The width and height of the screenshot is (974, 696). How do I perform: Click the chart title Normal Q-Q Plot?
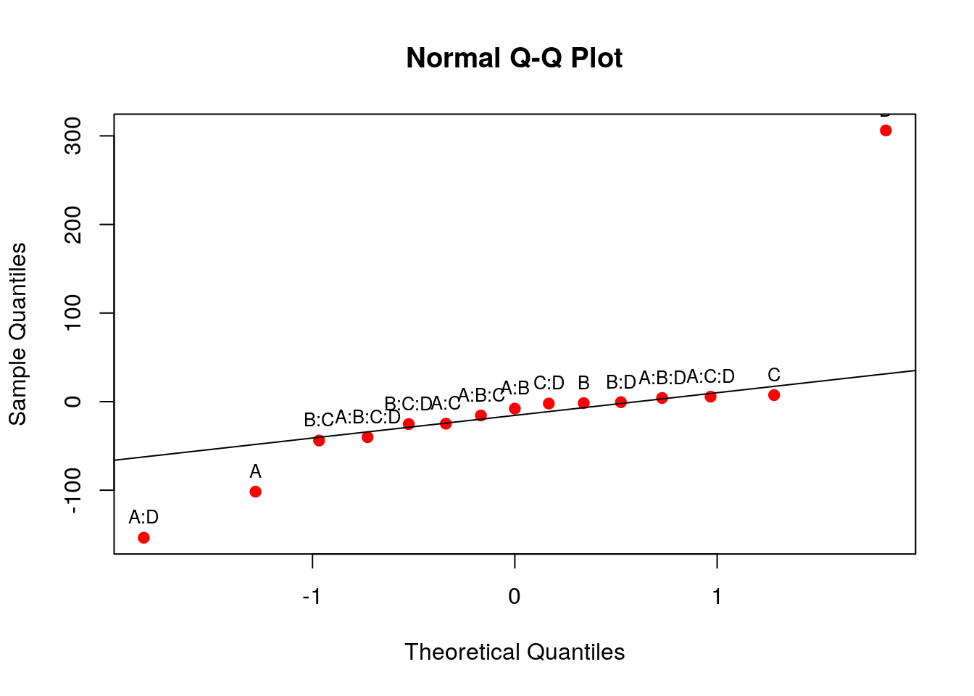point(514,58)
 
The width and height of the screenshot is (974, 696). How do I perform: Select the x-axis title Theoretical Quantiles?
point(515,652)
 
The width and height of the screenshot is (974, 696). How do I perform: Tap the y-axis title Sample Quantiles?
point(17,333)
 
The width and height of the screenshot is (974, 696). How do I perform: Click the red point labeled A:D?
point(143,537)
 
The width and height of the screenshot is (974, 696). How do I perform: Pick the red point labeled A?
point(255,492)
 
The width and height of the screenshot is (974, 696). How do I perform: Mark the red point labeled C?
point(774,395)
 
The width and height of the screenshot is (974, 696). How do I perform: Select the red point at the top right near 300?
point(886,130)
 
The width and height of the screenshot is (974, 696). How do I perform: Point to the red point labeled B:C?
point(319,440)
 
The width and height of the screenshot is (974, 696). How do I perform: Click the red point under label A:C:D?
point(710,397)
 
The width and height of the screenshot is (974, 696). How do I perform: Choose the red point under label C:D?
point(549,403)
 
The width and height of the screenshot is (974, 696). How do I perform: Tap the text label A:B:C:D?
point(367,418)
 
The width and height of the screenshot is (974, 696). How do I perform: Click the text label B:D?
point(621,382)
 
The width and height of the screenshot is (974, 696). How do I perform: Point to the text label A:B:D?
point(662,378)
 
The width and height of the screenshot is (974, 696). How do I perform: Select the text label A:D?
point(143,517)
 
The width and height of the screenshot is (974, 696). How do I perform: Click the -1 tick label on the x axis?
point(312,596)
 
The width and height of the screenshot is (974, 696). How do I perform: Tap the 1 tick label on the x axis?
point(717,596)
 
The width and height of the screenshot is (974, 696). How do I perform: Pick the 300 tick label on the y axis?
point(73,136)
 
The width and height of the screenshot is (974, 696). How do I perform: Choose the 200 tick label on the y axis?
point(73,225)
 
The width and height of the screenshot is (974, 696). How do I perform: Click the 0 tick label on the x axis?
point(515,596)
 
